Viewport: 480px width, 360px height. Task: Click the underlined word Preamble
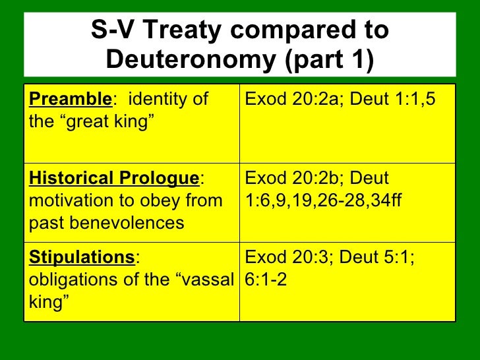[x=71, y=100]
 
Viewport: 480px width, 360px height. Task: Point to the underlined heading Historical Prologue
[x=113, y=179]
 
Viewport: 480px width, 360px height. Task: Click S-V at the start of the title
[x=111, y=30]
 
